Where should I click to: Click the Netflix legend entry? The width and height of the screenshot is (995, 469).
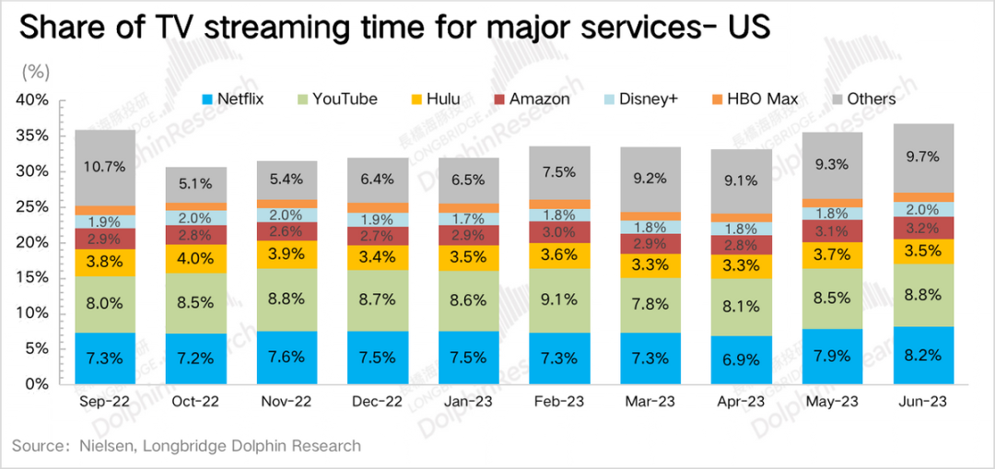pyautogui.click(x=232, y=99)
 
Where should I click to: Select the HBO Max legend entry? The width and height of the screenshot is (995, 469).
pyautogui.click(x=754, y=99)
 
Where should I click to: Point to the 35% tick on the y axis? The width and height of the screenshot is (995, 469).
pyautogui.click(x=42, y=136)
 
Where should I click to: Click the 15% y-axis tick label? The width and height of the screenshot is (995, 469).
pyautogui.click(x=42, y=278)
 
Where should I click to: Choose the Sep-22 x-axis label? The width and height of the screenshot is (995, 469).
pyautogui.click(x=104, y=402)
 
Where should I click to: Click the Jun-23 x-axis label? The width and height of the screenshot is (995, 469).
pyautogui.click(x=922, y=402)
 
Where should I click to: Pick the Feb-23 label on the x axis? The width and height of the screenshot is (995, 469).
pyautogui.click(x=559, y=402)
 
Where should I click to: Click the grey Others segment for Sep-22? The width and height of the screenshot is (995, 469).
pyautogui.click(x=104, y=168)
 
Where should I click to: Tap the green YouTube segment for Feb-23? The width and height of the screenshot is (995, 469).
pyautogui.click(x=559, y=300)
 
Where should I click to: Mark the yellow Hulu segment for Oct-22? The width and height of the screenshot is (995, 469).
pyautogui.click(x=195, y=258)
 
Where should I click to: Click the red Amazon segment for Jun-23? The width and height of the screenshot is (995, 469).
pyautogui.click(x=922, y=228)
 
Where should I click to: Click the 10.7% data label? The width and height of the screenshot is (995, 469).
pyautogui.click(x=104, y=168)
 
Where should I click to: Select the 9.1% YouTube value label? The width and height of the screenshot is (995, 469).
pyautogui.click(x=559, y=300)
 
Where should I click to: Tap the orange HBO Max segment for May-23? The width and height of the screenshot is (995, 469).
pyautogui.click(x=832, y=203)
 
